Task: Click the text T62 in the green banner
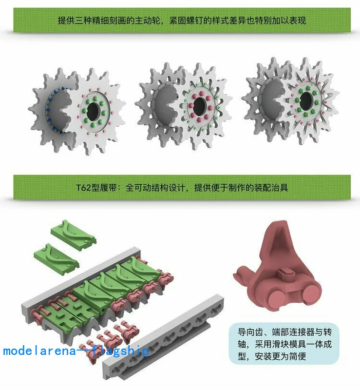pos(85,188)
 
